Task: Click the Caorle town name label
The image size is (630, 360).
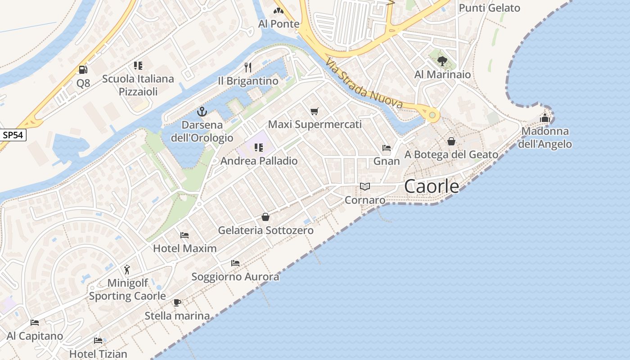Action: click(432, 186)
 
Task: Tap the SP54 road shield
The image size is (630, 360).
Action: click(13, 135)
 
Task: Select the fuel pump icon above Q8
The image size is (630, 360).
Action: click(83, 70)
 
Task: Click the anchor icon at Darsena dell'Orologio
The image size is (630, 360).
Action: click(202, 112)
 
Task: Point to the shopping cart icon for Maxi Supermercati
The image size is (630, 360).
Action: click(315, 111)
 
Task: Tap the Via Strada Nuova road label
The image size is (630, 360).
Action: click(364, 83)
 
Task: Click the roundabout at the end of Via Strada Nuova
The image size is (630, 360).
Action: click(432, 115)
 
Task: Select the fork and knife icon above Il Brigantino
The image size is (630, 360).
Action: click(248, 67)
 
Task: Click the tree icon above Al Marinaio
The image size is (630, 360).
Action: click(442, 61)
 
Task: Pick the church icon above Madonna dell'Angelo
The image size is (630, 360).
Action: click(545, 118)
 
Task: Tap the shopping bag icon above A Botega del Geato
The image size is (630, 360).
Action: click(451, 141)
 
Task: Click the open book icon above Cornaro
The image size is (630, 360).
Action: click(365, 186)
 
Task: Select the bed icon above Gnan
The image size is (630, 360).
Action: click(387, 148)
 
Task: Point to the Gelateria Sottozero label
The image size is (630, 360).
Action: click(265, 230)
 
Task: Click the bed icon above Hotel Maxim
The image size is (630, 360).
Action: click(184, 235)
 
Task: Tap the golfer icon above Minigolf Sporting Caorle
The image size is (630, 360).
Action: click(127, 270)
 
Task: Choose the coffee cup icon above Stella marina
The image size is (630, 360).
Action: click(177, 302)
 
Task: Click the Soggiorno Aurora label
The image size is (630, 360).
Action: click(235, 277)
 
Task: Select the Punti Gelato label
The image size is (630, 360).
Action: click(489, 8)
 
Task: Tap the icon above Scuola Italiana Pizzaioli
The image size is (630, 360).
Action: click(138, 66)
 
